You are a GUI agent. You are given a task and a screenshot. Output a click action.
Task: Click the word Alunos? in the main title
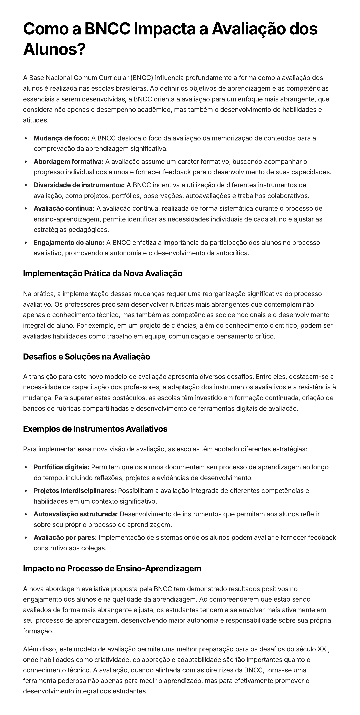tap(54, 49)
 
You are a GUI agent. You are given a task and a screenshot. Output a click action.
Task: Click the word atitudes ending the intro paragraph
tap(36, 120)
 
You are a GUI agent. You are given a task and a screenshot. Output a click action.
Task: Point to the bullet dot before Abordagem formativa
tap(26, 161)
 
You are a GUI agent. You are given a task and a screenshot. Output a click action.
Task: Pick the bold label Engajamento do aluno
tap(69, 243)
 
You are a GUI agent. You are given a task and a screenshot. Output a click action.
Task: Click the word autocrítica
tap(233, 253)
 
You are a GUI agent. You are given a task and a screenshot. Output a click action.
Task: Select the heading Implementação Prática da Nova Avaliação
tap(102, 273)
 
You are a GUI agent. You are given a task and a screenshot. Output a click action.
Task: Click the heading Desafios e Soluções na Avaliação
tap(86, 357)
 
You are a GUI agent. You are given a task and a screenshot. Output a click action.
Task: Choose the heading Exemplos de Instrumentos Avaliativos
tap(95, 429)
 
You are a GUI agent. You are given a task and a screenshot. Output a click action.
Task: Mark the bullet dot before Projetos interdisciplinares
tap(26, 491)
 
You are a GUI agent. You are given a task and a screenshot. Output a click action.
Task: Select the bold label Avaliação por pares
tap(65, 538)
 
